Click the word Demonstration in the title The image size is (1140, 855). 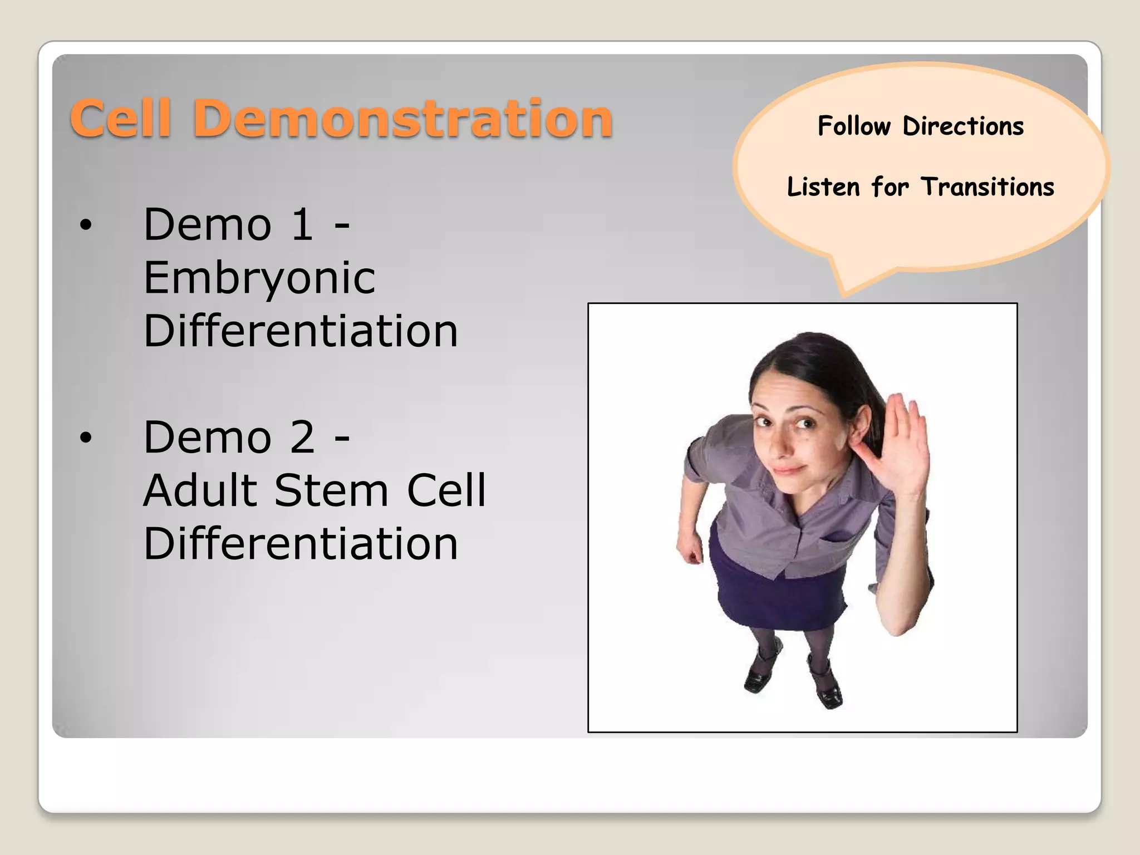403,119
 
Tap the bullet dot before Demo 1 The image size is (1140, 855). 85,225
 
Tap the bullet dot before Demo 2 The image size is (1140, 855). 85,438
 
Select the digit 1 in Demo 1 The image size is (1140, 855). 302,224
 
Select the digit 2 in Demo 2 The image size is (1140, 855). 302,438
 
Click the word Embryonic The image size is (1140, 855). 259,278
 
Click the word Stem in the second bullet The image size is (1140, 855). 331,491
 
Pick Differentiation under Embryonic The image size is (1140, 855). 301,331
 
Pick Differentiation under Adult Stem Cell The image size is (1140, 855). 301,544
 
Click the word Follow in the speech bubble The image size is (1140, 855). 854,126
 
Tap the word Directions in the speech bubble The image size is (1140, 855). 963,126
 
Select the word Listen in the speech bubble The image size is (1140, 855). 823,187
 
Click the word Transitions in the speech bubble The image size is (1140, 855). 987,187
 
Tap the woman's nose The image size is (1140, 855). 782,445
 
